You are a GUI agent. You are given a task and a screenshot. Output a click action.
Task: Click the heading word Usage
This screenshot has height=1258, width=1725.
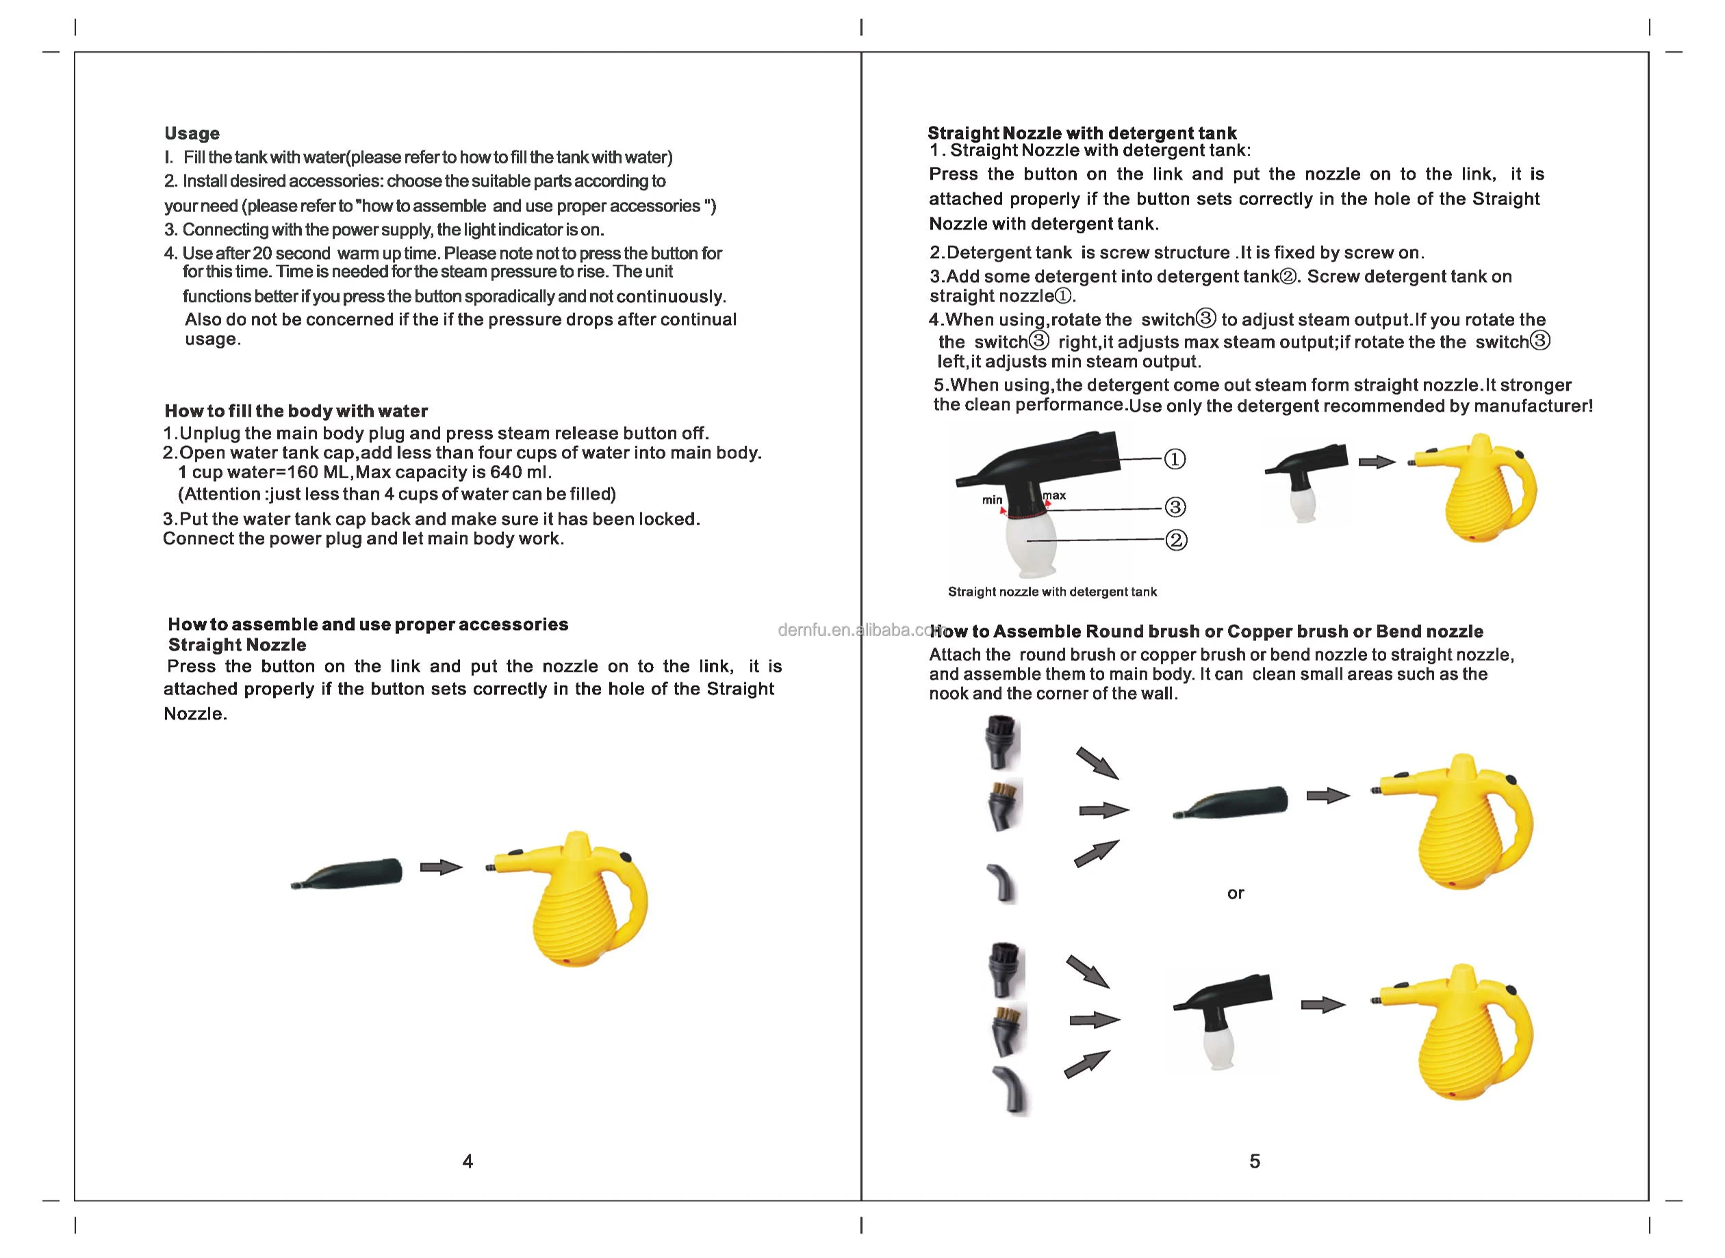[192, 134]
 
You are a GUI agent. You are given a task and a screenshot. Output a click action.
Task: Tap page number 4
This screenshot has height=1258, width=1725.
[468, 1162]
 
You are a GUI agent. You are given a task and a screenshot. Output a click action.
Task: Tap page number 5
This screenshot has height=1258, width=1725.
[1255, 1162]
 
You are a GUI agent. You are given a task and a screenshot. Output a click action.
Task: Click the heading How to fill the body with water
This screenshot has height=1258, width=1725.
[296, 411]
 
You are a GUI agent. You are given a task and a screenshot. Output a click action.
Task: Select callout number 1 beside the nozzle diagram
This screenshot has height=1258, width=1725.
[1175, 459]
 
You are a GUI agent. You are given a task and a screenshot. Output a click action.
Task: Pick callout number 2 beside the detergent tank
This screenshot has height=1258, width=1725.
[1177, 540]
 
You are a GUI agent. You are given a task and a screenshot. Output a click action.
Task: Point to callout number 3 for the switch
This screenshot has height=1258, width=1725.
[1175, 507]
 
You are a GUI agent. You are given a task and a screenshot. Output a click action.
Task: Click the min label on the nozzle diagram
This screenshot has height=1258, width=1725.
[992, 499]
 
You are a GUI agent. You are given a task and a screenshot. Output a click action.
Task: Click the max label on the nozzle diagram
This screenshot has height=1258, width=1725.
[1054, 496]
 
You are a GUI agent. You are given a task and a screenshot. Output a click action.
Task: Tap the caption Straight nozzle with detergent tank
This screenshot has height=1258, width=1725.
[1052, 592]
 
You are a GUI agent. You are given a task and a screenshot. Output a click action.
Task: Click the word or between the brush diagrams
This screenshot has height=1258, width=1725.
[1235, 893]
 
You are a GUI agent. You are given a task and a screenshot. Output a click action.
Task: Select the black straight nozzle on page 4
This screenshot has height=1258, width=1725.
[346, 874]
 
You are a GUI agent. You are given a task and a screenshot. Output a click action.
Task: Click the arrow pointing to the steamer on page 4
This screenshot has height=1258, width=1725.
[441, 867]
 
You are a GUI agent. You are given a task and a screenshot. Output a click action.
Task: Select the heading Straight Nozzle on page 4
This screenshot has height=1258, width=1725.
[237, 645]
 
